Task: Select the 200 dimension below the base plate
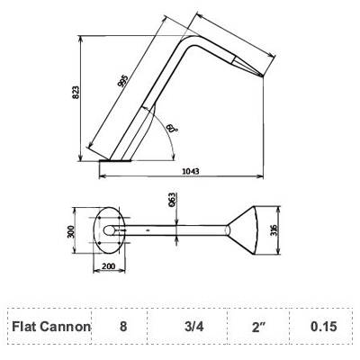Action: tap(109, 267)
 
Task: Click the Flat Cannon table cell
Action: tap(51, 326)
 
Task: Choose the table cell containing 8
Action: tap(123, 326)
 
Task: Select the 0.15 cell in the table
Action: tap(323, 326)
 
